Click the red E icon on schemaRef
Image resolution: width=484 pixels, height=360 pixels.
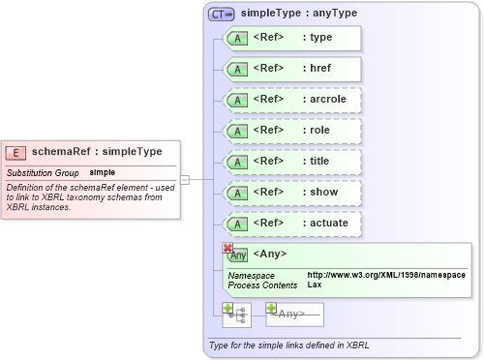tap(16, 152)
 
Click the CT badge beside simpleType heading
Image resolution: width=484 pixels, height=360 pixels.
tap(222, 15)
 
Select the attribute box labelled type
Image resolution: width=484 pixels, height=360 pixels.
tap(292, 38)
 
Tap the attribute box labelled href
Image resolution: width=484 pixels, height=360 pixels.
tap(292, 69)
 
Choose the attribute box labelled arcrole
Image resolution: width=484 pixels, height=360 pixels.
tap(292, 100)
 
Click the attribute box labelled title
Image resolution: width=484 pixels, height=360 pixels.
tap(292, 162)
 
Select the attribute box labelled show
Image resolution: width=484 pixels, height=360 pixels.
tap(292, 193)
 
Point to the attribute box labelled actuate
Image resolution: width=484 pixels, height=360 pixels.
tap(292, 224)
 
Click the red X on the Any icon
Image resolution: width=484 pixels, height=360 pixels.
tap(227, 249)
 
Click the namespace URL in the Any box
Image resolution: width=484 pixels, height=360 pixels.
tap(386, 276)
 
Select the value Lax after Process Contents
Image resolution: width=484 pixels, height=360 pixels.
tap(315, 285)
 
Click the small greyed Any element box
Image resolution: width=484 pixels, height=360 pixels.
tap(294, 314)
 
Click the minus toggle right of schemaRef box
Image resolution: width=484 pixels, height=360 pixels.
tap(185, 179)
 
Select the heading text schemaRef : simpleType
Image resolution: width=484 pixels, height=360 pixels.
tap(97, 152)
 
